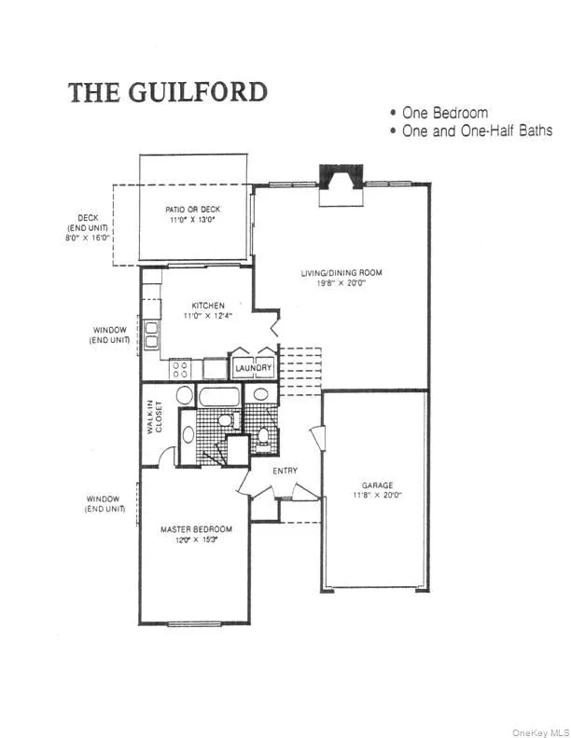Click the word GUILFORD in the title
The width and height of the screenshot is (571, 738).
(198, 91)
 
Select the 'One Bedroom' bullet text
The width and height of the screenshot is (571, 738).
(445, 113)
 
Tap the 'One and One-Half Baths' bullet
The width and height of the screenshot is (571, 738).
(477, 130)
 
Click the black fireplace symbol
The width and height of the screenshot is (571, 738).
(341, 177)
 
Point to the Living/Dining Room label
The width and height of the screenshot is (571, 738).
(341, 272)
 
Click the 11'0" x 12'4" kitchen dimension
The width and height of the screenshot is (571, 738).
(208, 315)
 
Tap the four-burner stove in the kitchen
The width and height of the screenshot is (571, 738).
(180, 369)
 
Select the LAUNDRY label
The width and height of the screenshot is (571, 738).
(254, 367)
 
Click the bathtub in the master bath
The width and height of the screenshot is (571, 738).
(219, 396)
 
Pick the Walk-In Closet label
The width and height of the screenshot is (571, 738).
(154, 417)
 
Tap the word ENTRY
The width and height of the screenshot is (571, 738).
(285, 471)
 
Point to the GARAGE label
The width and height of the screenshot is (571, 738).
(377, 485)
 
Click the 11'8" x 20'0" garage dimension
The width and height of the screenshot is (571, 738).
(377, 495)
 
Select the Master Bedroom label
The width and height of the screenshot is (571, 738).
(197, 529)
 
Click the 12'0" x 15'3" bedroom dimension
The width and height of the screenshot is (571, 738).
(197, 540)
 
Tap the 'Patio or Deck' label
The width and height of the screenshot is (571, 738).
(193, 210)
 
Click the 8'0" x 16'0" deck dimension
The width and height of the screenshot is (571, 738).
(88, 239)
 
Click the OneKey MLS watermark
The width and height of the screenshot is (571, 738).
(541, 732)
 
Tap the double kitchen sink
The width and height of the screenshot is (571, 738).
(152, 334)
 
